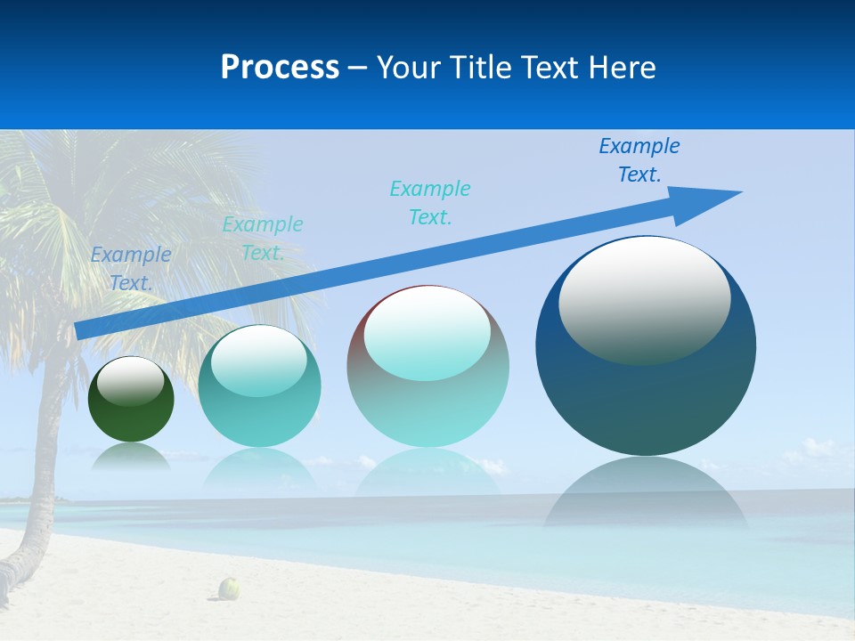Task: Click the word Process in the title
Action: pyautogui.click(x=280, y=68)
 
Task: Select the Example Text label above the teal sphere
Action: pyautogui.click(x=263, y=239)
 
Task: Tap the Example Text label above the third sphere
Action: pyautogui.click(x=430, y=203)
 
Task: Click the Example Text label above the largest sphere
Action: pyautogui.click(x=639, y=160)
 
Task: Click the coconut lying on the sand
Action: pyautogui.click(x=230, y=588)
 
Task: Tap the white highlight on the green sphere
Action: pyautogui.click(x=131, y=381)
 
